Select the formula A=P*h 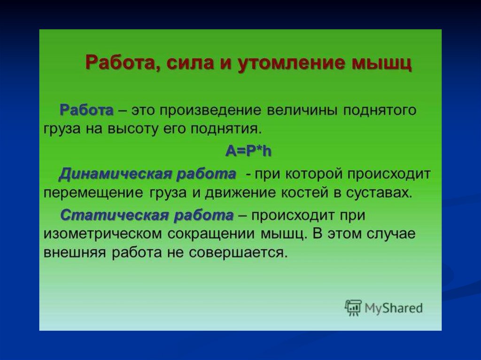pyautogui.click(x=248, y=151)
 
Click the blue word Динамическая pyautogui.click(x=116, y=174)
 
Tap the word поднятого pyautogui.click(x=379, y=110)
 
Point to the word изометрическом pyautogui.click(x=103, y=234)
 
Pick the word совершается pyautogui.click(x=238, y=253)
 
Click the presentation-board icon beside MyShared pyautogui.click(x=353, y=307)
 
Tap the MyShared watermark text pyautogui.click(x=394, y=308)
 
